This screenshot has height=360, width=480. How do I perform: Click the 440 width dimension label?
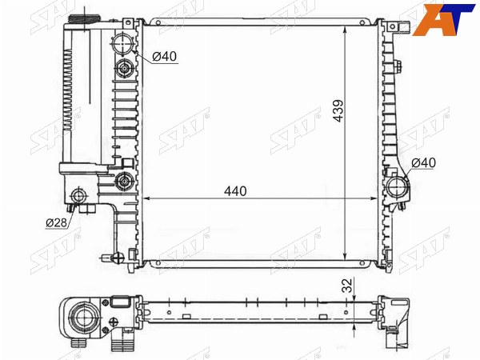[x=235, y=191]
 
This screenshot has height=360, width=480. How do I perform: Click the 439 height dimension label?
[x=338, y=111]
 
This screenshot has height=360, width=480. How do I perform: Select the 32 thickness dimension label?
[x=349, y=286]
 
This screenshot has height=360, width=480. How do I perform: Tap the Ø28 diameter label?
[x=56, y=223]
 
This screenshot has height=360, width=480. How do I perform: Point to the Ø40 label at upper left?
[x=164, y=56]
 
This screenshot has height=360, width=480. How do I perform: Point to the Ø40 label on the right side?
[x=423, y=163]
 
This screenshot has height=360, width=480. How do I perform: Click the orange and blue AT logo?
[x=443, y=19]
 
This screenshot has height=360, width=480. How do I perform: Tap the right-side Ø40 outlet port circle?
[x=397, y=186]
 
